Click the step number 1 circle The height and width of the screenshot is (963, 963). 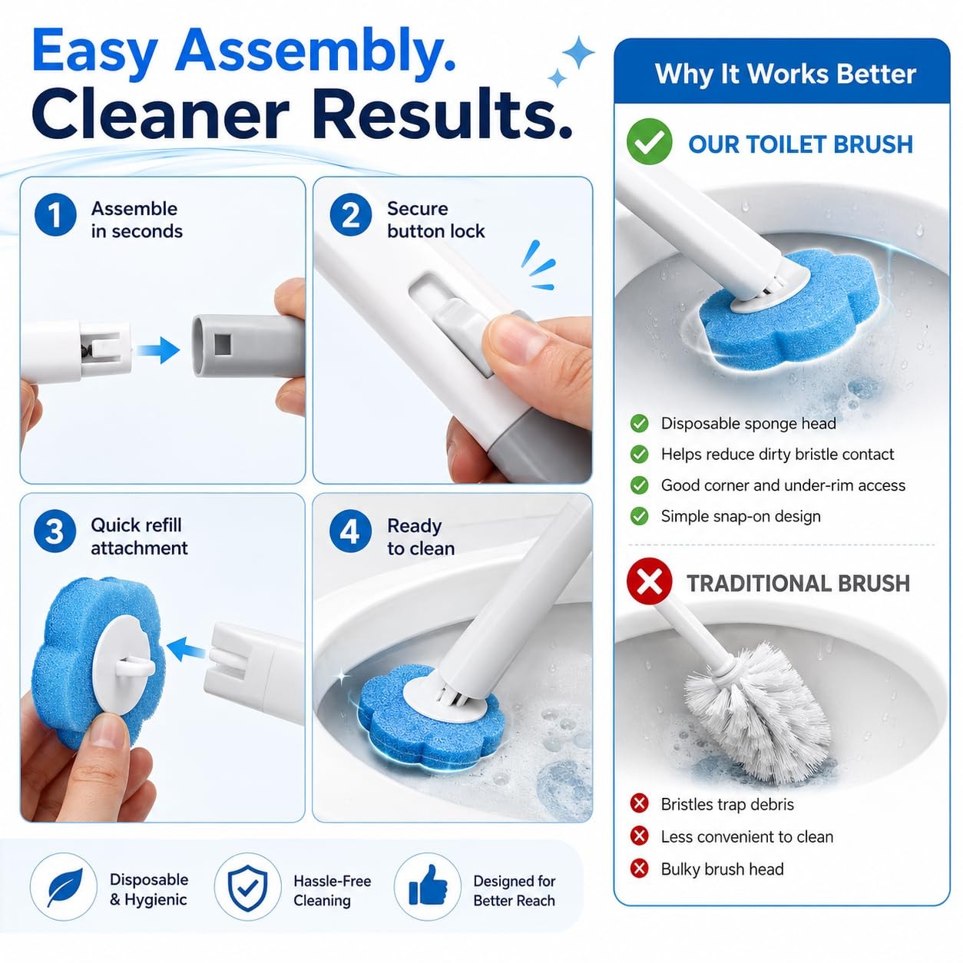click(55, 215)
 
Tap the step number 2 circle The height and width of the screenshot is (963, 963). click(351, 215)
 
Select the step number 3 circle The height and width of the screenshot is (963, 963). click(55, 531)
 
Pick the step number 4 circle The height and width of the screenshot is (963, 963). click(350, 531)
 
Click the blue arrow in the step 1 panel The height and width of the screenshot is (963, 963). click(158, 350)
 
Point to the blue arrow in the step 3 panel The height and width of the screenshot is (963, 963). click(186, 649)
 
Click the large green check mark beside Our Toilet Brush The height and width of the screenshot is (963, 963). click(649, 141)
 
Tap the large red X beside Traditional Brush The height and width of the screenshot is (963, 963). click(649, 581)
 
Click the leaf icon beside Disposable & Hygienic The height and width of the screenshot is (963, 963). click(65, 888)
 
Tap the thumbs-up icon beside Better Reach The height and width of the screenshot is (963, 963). click(428, 886)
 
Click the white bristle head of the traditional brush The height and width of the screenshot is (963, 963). click(756, 710)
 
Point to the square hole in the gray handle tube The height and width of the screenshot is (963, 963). click(223, 344)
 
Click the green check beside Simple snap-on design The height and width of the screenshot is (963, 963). click(639, 516)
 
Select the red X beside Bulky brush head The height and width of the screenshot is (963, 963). click(639, 869)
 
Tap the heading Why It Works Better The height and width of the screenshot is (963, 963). click(786, 74)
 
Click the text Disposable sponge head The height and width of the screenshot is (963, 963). click(748, 423)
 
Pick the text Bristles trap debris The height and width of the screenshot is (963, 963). click(727, 804)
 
